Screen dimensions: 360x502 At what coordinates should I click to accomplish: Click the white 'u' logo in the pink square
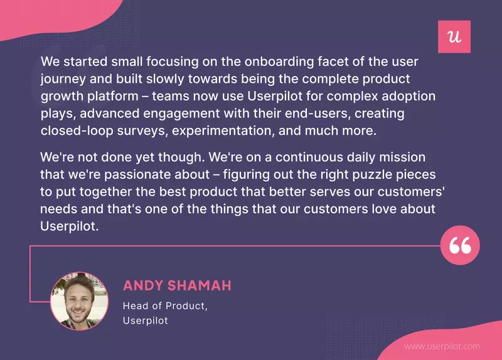click(x=454, y=37)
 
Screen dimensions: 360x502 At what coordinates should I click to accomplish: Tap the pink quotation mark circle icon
click(x=461, y=246)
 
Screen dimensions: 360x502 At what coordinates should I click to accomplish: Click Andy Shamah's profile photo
click(x=80, y=301)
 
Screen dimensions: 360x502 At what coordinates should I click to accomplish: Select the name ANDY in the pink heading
click(x=141, y=286)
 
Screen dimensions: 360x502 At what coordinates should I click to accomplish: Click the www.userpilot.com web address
click(x=442, y=346)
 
